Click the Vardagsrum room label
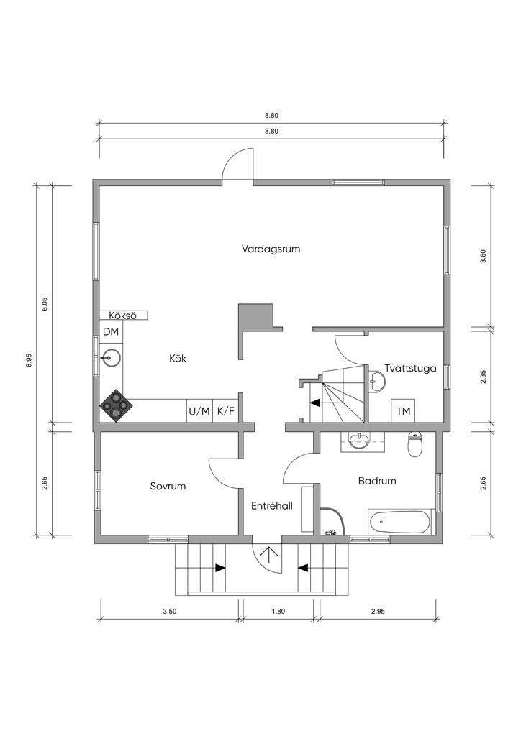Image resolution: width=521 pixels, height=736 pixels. tap(271, 249)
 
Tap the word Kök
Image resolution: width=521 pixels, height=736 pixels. tap(178, 359)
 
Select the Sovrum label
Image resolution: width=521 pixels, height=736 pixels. tap(168, 487)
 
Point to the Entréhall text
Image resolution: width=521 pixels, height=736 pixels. tap(272, 506)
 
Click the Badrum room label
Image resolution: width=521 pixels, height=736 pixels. tap(377, 481)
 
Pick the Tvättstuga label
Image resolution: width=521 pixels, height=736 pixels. tap(411, 369)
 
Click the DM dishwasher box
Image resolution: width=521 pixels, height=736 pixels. tap(112, 332)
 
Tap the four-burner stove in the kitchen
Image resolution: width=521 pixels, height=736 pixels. tap(114, 405)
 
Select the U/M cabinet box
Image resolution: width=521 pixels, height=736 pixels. tap(199, 411)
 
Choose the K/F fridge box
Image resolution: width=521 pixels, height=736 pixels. tap(225, 411)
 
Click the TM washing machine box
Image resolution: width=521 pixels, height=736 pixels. tap(404, 412)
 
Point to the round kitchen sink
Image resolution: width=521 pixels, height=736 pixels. tap(110, 358)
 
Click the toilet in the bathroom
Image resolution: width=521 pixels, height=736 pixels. tap(415, 444)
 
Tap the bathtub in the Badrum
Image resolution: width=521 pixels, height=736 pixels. tap(399, 522)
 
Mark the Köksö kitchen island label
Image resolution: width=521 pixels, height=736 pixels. tap(122, 316)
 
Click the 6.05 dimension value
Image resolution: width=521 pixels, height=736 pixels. tap(45, 304)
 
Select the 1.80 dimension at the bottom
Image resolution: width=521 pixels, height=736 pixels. tap(278, 612)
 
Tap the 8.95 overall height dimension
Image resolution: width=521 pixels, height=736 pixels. tap(29, 360)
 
